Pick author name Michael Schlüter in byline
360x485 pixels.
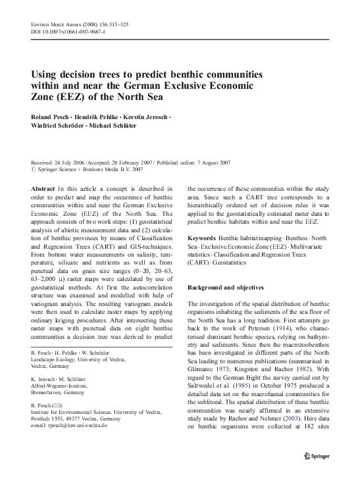pos(116,126)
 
